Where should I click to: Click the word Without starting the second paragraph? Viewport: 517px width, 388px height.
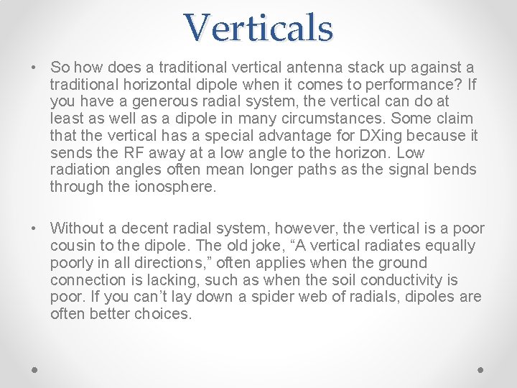coord(78,228)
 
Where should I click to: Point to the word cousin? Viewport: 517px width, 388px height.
coord(73,246)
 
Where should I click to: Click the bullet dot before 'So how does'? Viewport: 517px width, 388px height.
coord(34,68)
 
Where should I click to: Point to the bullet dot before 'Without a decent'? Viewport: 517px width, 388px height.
coord(34,228)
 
